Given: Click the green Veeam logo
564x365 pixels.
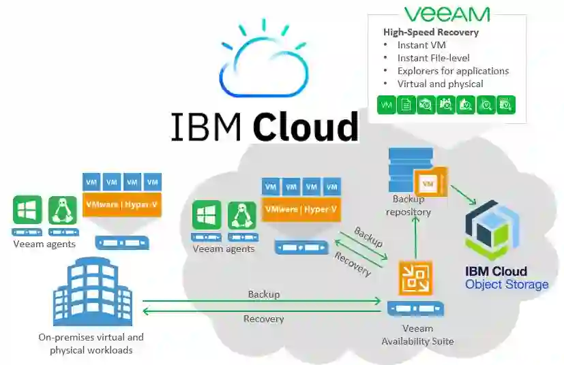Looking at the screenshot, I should pos(446,14).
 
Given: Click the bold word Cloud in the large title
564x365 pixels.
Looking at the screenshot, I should pos(305,125).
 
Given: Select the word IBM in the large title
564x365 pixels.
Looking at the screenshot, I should pos(207,126).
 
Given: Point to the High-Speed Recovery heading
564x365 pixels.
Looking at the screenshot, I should pos(430,32).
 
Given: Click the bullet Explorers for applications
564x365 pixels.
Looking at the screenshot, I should pos(453,71).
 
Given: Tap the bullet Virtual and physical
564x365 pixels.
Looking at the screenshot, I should pos(440,84).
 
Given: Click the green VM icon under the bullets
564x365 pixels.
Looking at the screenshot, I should pos(387,105).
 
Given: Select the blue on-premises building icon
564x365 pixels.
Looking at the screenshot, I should pos(92,293).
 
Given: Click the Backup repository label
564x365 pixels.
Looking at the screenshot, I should pos(409,205).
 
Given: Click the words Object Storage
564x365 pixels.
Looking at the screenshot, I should pos(507,285).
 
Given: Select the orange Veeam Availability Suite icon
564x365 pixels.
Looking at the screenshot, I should pos(416,277).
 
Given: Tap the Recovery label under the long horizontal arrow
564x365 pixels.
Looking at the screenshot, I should pos(263,319).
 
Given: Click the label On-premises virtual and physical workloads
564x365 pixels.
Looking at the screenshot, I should pos(91,343).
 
